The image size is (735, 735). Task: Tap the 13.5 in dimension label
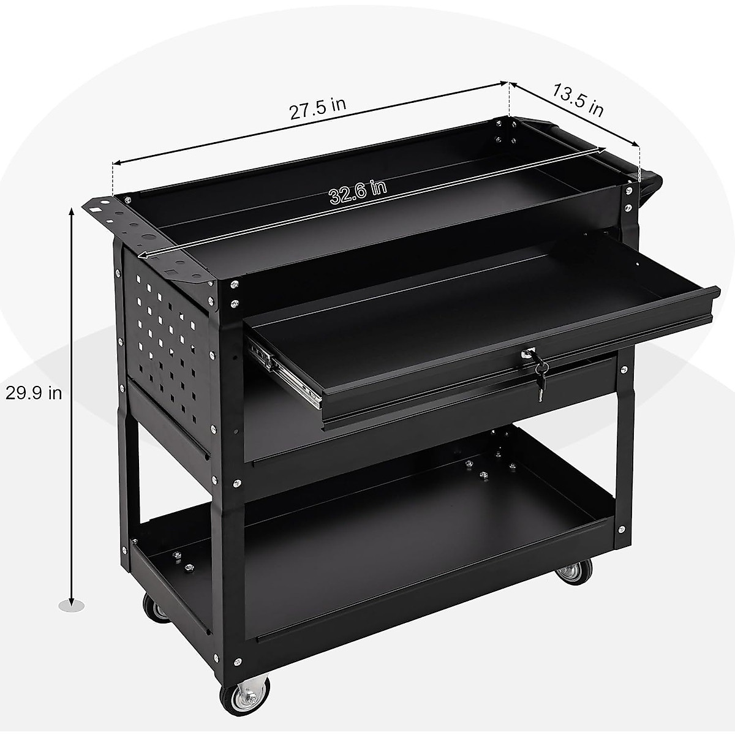click(578, 100)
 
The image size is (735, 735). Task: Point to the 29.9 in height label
click(34, 393)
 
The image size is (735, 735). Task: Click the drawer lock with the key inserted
click(527, 354)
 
